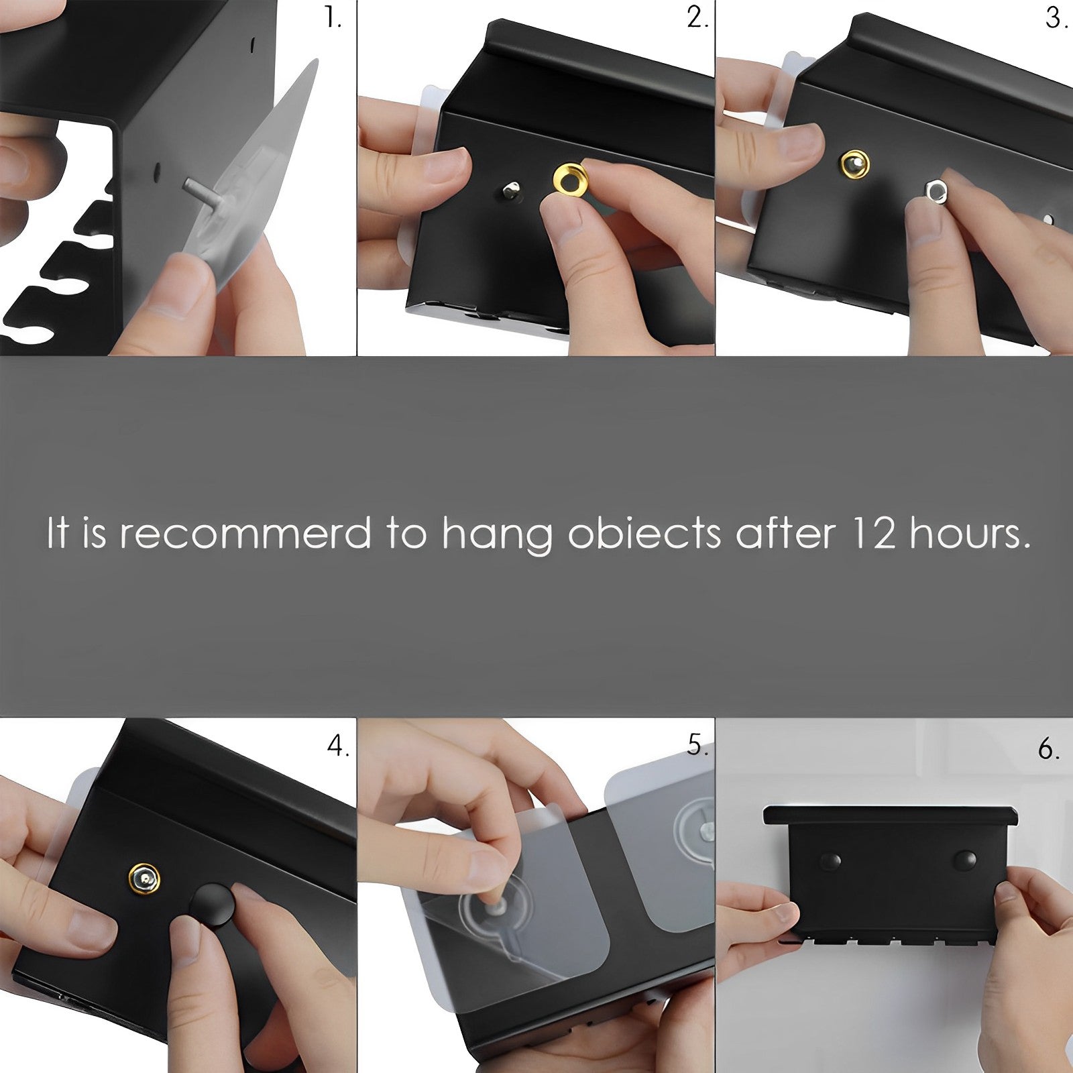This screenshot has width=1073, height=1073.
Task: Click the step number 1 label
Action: coord(333,18)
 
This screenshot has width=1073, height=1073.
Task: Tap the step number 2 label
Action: coord(697,18)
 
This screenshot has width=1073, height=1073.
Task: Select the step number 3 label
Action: coord(1056,18)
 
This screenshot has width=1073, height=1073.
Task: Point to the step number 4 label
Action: coord(338,746)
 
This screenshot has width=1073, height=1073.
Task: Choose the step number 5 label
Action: coord(697,746)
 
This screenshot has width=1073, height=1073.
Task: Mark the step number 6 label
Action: coord(1049,748)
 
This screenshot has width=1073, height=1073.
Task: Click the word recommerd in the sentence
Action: coord(245,534)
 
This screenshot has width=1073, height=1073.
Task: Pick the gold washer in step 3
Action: coord(855,163)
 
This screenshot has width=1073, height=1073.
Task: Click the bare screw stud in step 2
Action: coord(512,190)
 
